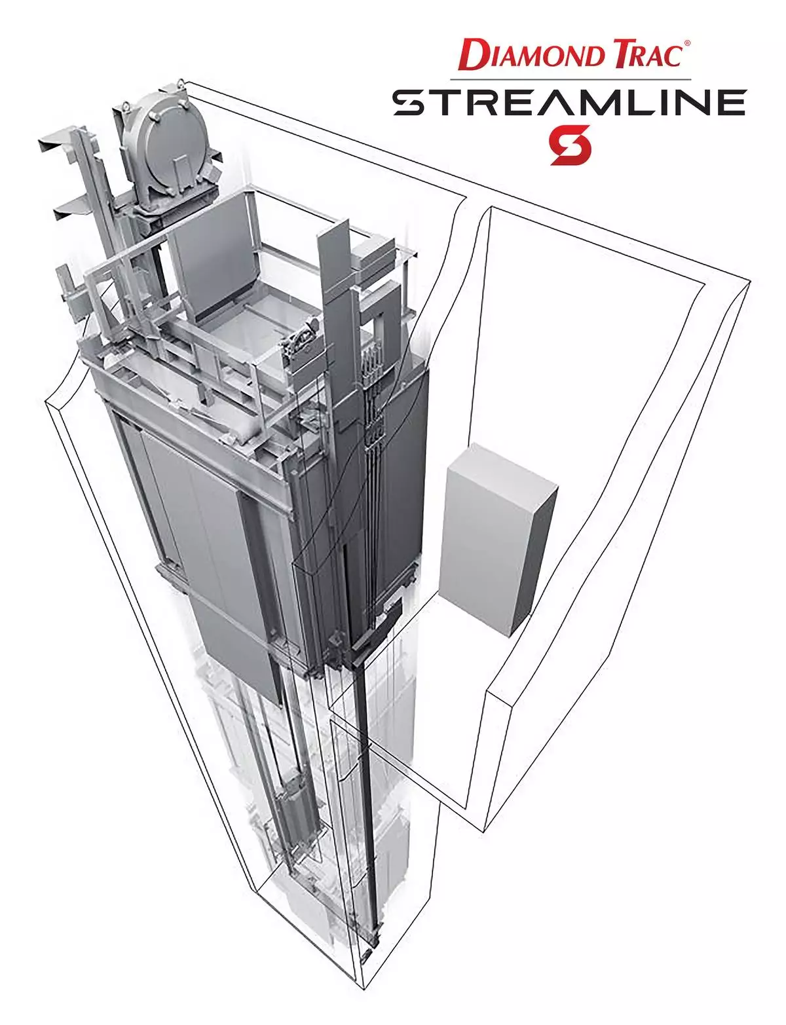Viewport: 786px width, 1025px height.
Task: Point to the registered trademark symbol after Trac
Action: (x=687, y=43)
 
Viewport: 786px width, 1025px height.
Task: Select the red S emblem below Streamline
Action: (x=570, y=145)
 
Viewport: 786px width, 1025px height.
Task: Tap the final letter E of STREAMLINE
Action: (x=730, y=103)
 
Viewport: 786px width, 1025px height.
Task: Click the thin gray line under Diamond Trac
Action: (x=571, y=79)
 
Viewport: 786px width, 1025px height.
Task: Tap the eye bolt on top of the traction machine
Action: (x=181, y=85)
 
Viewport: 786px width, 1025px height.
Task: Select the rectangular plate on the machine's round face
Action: (x=181, y=169)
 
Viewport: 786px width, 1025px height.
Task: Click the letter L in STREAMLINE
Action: (x=648, y=103)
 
